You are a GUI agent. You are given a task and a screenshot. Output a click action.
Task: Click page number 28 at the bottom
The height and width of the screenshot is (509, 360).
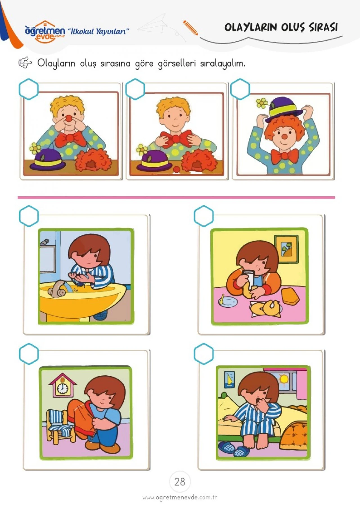click(180, 482)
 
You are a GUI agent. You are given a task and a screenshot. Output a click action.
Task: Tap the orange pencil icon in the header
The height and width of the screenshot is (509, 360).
click(190, 28)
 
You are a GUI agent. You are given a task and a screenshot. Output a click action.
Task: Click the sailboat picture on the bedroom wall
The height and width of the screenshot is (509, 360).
click(229, 380)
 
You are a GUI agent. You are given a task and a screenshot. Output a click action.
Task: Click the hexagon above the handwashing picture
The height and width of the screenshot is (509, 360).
click(29, 216)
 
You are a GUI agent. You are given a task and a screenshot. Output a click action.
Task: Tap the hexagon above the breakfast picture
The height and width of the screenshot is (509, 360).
click(204, 216)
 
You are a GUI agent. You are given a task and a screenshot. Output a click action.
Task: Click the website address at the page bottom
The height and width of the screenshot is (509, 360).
click(180, 497)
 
